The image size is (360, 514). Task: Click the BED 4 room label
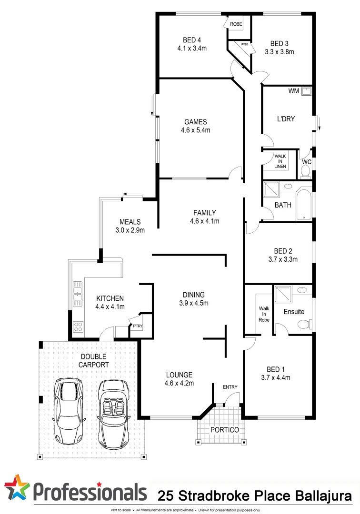pyautogui.click(x=192, y=40)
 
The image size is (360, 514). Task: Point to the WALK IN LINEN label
pyautogui.click(x=280, y=160)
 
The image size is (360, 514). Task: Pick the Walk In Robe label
pyautogui.click(x=264, y=314)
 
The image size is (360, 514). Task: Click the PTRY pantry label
pyautogui.click(x=138, y=326)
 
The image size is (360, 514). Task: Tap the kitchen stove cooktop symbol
pyautogui.click(x=78, y=327)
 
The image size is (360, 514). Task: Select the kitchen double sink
pyautogui.click(x=78, y=291)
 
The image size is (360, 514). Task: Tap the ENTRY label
pyautogui.click(x=230, y=387)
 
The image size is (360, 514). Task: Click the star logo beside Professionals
pyautogui.click(x=17, y=488)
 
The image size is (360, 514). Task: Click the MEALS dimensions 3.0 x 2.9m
pyautogui.click(x=130, y=230)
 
